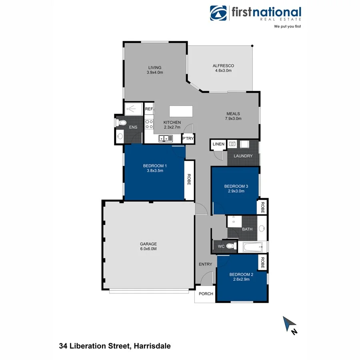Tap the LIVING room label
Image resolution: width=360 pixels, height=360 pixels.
[154, 68]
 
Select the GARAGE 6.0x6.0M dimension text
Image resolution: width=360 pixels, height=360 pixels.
[148, 249]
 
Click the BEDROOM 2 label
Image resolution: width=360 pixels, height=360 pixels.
[241, 274]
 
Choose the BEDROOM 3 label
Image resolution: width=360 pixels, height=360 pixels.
[236, 186]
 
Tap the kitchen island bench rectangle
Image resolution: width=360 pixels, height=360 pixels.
[181, 110]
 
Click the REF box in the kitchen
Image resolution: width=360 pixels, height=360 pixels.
[149, 109]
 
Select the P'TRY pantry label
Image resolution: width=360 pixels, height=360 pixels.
[188, 139]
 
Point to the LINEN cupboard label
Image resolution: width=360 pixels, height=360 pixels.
[218, 144]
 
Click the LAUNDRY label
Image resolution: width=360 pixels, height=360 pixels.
[243, 156]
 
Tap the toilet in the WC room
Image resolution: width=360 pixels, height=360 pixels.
[230, 246]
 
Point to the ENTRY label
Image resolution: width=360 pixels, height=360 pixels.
[205, 264]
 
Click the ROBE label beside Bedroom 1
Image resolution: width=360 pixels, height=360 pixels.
[189, 180]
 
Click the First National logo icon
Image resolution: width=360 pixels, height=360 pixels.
[219, 13]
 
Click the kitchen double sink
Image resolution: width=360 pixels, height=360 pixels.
[165, 138]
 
